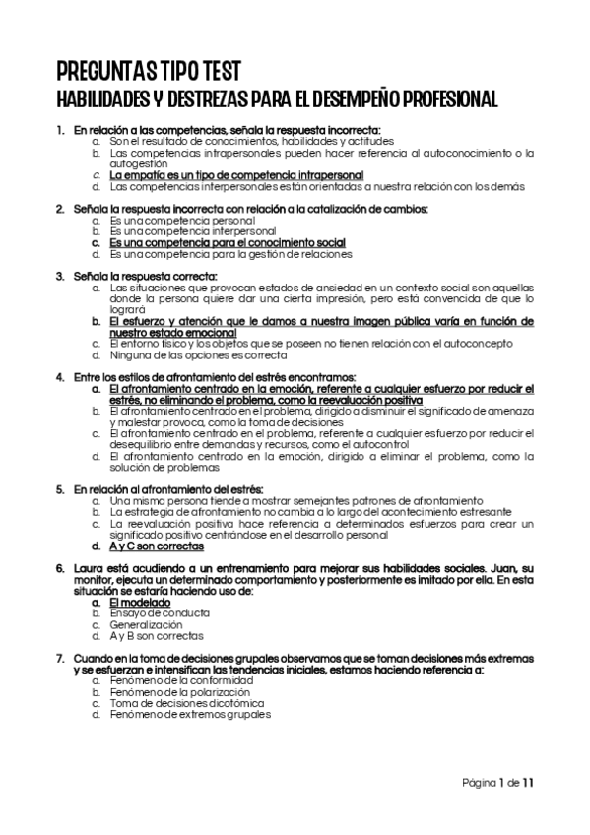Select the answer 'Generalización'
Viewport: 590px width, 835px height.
click(146, 624)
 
